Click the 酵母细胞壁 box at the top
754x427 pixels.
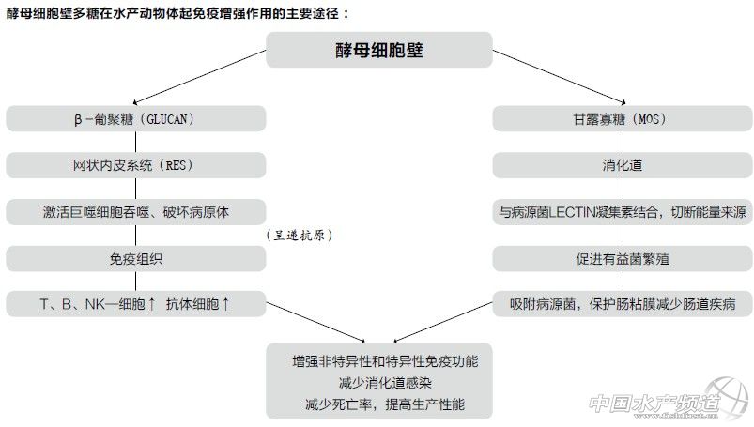(379, 50)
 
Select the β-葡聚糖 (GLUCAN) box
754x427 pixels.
(136, 119)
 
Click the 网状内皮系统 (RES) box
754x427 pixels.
(136, 165)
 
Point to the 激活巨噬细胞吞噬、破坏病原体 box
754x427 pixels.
(136, 211)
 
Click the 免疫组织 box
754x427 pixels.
(136, 257)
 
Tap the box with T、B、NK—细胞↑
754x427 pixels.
(136, 303)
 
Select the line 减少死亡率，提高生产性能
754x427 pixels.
(384, 405)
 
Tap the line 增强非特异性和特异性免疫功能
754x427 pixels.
(384, 360)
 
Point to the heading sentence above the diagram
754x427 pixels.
(177, 14)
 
